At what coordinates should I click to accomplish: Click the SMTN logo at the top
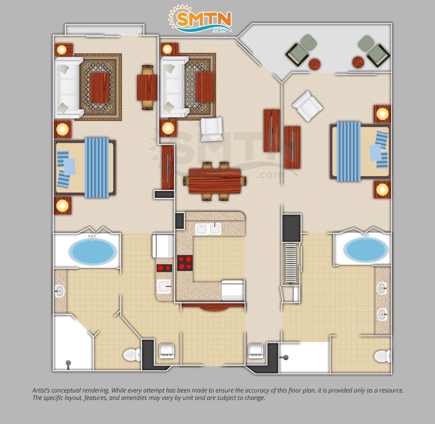point(200,19)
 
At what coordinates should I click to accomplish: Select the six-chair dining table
point(215,181)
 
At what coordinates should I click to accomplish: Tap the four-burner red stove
point(185,263)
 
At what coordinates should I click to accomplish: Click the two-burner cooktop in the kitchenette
point(164,268)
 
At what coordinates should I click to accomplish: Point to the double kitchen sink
point(208,229)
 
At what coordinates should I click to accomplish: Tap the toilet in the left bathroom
point(132,354)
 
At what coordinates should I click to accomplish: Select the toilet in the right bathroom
point(382,356)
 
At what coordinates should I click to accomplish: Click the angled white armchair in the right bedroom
point(307,106)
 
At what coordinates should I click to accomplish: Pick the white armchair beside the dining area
point(212,129)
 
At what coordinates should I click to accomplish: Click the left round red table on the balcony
point(315,64)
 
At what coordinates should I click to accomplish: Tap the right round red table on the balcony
point(358,63)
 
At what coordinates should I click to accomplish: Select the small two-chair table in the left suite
point(147,87)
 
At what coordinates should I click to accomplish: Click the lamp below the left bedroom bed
point(63,206)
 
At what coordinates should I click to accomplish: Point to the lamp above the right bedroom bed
point(382,114)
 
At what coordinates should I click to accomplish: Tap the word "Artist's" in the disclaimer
point(41,390)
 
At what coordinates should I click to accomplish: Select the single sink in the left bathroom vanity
point(59,291)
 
